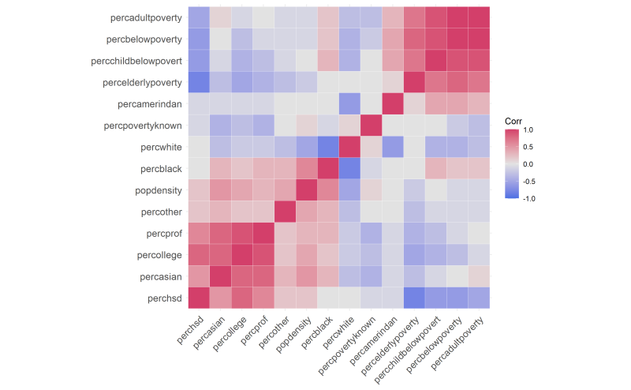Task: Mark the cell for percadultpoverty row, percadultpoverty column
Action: [478, 17]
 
